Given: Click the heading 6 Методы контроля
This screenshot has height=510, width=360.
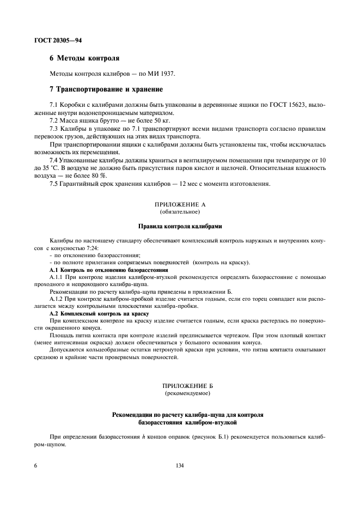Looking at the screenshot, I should coord(84,58).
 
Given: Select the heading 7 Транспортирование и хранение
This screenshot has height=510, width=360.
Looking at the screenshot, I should coord(106,89).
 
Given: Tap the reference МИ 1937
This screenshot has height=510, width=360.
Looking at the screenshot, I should coord(161,73).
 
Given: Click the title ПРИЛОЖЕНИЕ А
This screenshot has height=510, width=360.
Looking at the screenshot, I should coord(179,204).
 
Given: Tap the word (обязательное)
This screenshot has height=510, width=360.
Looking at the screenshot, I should coord(179,211).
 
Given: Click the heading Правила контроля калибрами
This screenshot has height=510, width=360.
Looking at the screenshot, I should coord(179,226).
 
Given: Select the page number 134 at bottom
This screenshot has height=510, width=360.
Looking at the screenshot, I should coord(179,466).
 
